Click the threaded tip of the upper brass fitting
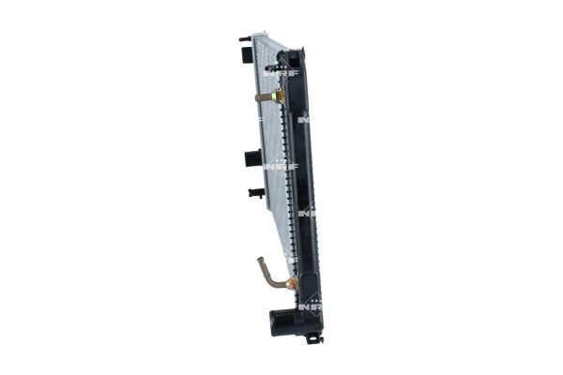pos(256,96)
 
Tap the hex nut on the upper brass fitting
pos(278,96)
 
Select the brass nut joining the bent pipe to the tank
pos(292,282)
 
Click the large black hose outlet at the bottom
pos(284,321)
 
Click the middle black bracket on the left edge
pos(251,157)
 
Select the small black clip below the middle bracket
pos(255,193)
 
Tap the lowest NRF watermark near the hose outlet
pos(310,305)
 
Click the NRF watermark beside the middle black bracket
pos(281,166)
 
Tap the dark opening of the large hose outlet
pos(276,322)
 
